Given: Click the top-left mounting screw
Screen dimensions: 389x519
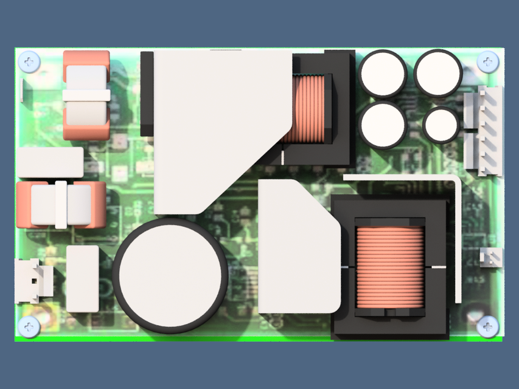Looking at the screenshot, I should click(x=29, y=61).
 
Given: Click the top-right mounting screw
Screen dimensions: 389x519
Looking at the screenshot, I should click(x=487, y=61).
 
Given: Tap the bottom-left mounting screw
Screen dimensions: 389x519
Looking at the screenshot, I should click(x=29, y=326).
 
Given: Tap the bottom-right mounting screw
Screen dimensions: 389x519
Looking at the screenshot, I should click(x=487, y=326).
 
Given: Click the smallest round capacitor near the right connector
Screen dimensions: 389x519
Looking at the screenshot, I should click(x=441, y=125).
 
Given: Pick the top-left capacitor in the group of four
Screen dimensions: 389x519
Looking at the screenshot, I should click(x=383, y=74).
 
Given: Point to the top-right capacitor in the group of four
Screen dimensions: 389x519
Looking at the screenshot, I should click(x=438, y=73).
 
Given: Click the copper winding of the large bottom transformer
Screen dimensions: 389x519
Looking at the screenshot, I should click(x=389, y=266).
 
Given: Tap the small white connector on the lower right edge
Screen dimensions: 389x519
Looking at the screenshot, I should click(x=491, y=258).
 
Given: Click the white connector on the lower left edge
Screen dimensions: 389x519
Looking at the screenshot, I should click(x=32, y=280).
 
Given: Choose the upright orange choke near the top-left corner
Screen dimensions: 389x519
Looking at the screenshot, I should click(x=86, y=95).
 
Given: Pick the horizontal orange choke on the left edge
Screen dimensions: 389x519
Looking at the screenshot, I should click(x=60, y=204).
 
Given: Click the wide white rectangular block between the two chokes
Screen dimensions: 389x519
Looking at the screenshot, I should click(x=50, y=162).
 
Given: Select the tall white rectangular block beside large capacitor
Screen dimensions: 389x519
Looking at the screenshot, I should click(x=82, y=278).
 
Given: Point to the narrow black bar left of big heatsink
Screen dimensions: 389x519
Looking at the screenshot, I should click(x=147, y=94).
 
